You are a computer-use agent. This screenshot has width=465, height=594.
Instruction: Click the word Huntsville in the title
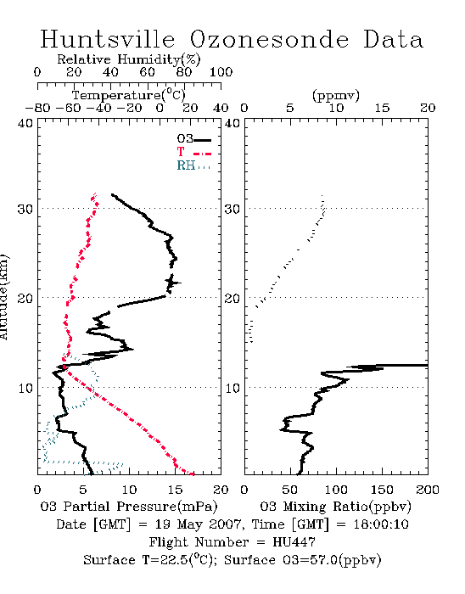108,39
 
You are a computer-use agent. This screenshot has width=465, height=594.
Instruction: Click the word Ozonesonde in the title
269,39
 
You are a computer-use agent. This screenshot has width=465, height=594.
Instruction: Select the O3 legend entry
193,139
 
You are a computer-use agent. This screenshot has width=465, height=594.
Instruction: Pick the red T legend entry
193,152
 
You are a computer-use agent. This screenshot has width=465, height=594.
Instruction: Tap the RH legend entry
193,165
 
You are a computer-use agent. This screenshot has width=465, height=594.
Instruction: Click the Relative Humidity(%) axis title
129,59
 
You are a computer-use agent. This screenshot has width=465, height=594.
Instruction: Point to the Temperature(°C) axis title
129,95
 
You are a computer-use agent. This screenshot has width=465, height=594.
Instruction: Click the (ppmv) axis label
336,95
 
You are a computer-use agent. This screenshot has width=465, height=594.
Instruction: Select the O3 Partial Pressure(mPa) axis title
129,507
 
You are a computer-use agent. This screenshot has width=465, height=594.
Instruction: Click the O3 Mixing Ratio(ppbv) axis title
335,507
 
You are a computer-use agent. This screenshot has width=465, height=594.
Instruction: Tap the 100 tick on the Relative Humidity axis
221,72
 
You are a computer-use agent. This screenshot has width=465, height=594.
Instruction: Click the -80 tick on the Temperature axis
37,108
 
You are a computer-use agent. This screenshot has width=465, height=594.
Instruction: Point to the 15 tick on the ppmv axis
382,108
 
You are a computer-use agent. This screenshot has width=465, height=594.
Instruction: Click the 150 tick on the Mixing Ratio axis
382,490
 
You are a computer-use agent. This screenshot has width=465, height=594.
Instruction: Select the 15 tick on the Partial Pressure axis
175,490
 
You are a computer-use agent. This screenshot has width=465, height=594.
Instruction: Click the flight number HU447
294,542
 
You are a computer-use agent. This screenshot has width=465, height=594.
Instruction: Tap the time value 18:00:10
381,524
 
